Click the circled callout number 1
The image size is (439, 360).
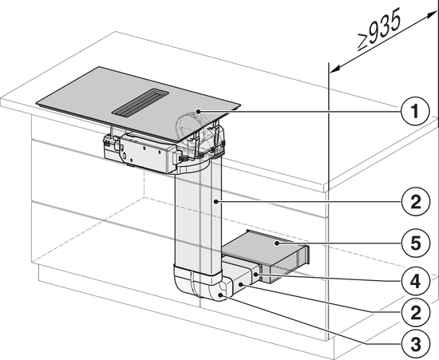(415, 112)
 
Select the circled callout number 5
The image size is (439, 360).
(416, 243)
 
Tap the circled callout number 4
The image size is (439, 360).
(416, 281)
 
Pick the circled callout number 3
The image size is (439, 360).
(416, 344)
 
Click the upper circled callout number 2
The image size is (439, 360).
(416, 201)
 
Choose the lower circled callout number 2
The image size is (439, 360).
(416, 312)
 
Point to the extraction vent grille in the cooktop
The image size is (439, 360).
(140, 102)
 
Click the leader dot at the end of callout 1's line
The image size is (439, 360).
(198, 112)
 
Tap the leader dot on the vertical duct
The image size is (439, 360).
(216, 201)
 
